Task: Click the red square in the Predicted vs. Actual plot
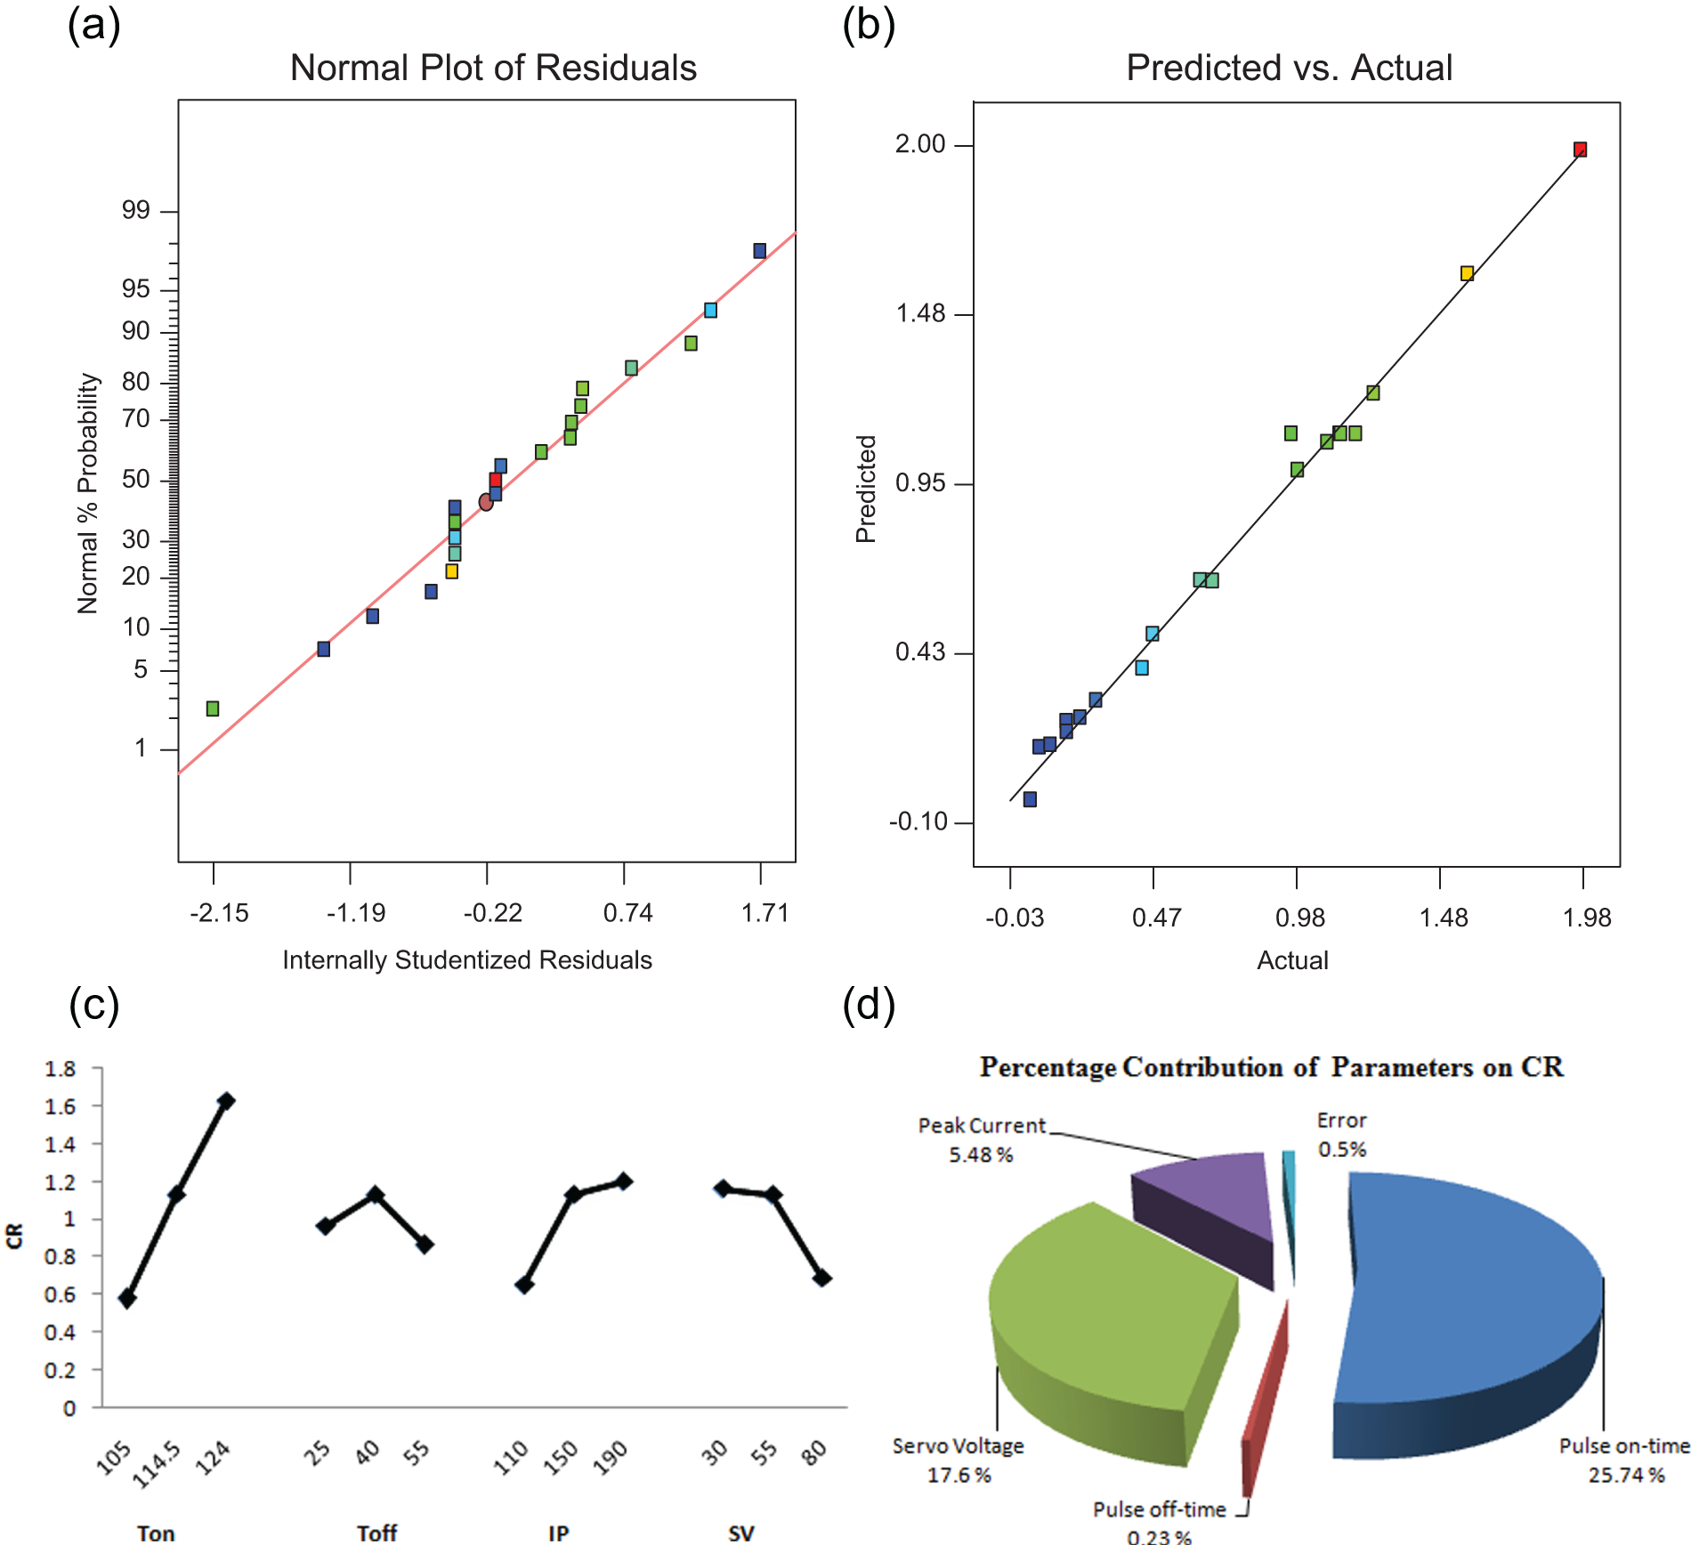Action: pyautogui.click(x=1580, y=150)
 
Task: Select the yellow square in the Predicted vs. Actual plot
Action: pyautogui.click(x=1467, y=273)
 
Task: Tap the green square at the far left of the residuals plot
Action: pyautogui.click(x=213, y=708)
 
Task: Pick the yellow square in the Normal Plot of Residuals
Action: pyautogui.click(x=452, y=571)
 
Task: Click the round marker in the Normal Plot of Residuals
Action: pyautogui.click(x=486, y=502)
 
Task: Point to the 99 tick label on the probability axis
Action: pyautogui.click(x=136, y=211)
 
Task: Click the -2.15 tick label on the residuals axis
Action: pyautogui.click(x=219, y=913)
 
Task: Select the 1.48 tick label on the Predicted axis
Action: pyautogui.click(x=920, y=313)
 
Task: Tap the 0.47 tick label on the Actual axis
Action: pyautogui.click(x=1156, y=918)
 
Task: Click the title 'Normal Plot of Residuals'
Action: pyautogui.click(x=493, y=68)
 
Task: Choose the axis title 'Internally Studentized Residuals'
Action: pyautogui.click(x=467, y=959)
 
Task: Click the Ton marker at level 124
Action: pyautogui.click(x=226, y=1101)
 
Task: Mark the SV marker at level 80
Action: pyautogui.click(x=822, y=1278)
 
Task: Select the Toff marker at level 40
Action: pyautogui.click(x=376, y=1194)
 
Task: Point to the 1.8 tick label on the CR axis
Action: pyautogui.click(x=61, y=1069)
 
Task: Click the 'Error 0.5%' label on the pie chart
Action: pyautogui.click(x=1341, y=1135)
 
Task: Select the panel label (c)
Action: pyautogui.click(x=94, y=1005)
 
